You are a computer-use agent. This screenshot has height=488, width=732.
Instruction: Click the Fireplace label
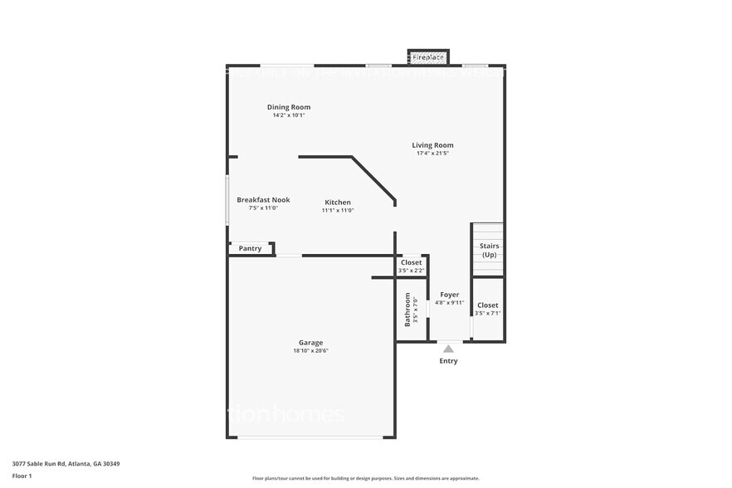pos(428,57)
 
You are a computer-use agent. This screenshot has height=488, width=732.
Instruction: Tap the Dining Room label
pos(289,107)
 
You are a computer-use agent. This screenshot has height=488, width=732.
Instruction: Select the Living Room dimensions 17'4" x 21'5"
pos(432,154)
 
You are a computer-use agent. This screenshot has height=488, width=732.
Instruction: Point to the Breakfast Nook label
pos(263,200)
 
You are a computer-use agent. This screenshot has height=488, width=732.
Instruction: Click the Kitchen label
pos(338,203)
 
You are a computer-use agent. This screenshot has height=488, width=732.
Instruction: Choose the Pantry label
pos(250,248)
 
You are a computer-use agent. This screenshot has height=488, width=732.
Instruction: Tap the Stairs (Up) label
pos(489,250)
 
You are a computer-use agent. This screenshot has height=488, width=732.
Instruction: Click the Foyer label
pos(449,295)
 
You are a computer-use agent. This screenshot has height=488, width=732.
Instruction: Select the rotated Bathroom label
pos(407,309)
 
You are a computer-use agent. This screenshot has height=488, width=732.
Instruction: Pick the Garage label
pos(311,343)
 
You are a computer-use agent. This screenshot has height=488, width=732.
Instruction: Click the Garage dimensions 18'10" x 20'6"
pos(311,351)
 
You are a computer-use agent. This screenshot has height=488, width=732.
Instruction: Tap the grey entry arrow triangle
pos(448,349)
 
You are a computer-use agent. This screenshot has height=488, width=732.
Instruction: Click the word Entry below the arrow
pos(448,361)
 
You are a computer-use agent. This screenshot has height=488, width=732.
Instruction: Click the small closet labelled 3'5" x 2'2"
pos(411,266)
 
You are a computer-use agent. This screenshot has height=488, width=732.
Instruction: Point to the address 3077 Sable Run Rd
pos(66,464)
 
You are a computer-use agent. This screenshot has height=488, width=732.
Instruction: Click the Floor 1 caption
pos(22,476)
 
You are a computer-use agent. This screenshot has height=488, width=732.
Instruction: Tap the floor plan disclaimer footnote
pos(366,478)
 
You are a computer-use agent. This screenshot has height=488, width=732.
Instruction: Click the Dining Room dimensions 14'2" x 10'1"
pos(289,115)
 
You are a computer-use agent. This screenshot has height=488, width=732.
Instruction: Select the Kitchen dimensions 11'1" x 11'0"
pos(338,211)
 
